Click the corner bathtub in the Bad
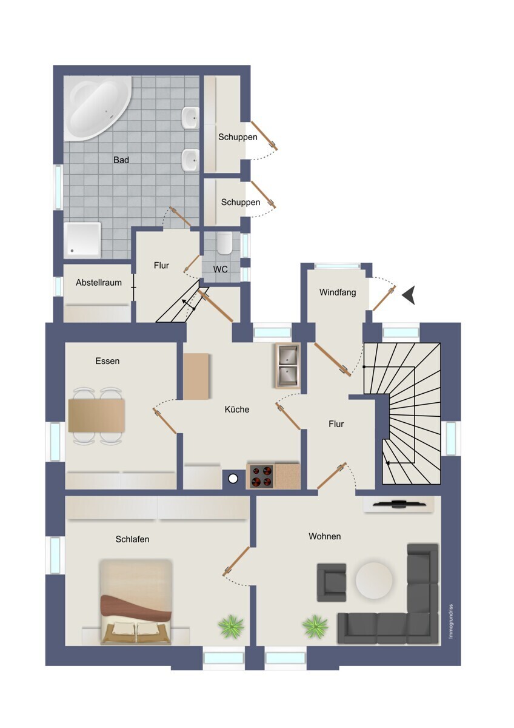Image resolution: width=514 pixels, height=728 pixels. click(x=98, y=108)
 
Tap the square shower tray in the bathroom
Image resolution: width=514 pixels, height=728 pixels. click(x=82, y=240)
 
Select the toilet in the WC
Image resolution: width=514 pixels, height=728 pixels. click(x=224, y=243)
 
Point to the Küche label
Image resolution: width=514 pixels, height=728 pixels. click(x=237, y=409)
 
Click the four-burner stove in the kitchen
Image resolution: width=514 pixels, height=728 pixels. click(x=261, y=476)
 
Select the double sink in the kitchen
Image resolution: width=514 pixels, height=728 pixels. click(x=287, y=366)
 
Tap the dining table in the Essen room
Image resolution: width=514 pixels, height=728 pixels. click(x=97, y=416)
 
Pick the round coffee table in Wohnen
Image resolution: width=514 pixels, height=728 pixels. click(x=374, y=581)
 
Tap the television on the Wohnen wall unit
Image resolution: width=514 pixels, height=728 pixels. click(x=399, y=504)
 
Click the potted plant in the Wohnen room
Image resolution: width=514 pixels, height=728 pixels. click(x=315, y=625)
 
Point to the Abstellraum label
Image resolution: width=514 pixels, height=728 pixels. click(x=99, y=283)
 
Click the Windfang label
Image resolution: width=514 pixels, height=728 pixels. click(x=338, y=292)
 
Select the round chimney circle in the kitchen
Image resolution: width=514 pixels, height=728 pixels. click(x=233, y=479)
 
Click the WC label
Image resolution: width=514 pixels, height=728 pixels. click(x=221, y=269)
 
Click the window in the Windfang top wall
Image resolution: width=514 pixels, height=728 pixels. click(x=338, y=266)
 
